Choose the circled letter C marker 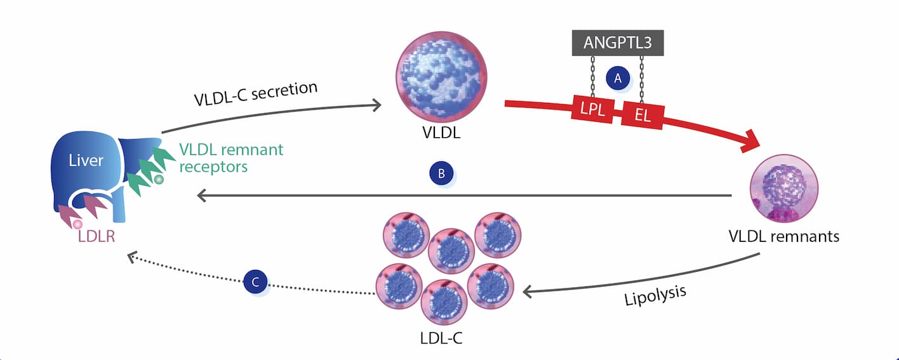click(x=255, y=283)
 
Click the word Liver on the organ click(x=86, y=160)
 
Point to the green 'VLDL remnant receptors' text click(x=230, y=158)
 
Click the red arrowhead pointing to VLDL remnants click(x=754, y=142)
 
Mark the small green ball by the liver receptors click(x=159, y=180)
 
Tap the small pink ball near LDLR click(x=77, y=223)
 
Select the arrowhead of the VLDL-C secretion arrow click(x=376, y=104)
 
